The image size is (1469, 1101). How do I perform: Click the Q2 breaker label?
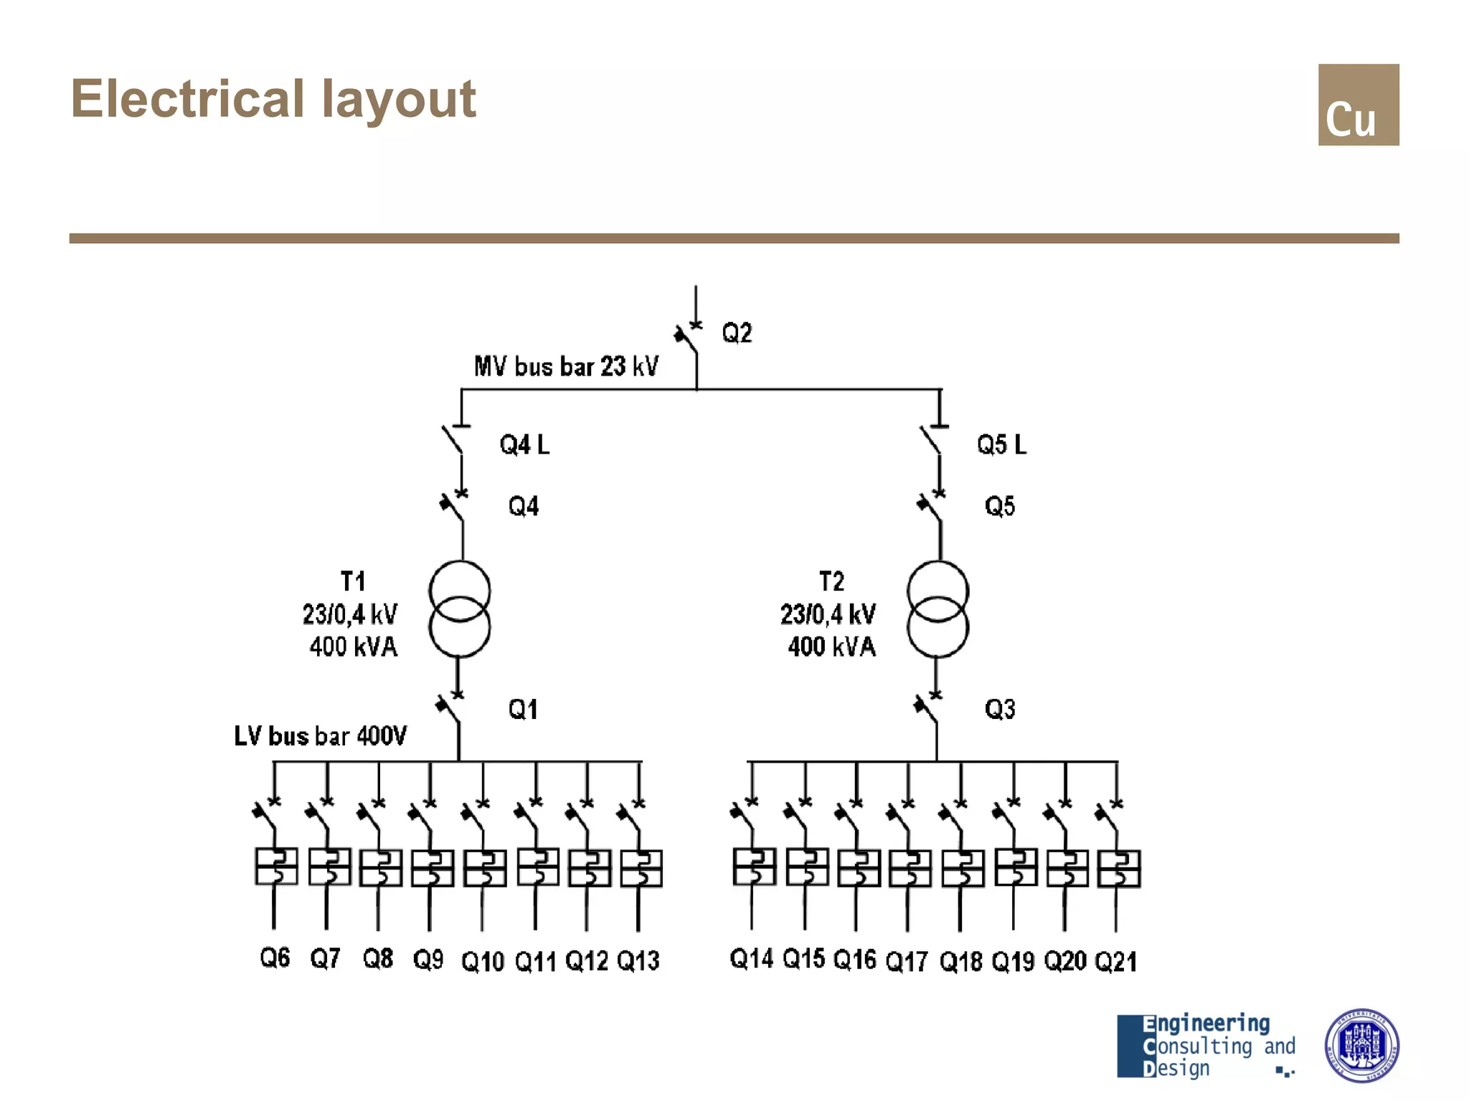pos(737,333)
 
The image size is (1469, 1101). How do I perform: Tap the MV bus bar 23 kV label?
pos(566,366)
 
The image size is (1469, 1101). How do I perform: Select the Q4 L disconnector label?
pos(524,445)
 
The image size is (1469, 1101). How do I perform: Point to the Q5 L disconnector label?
pos(1001,445)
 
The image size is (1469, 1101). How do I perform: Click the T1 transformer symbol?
pos(460,609)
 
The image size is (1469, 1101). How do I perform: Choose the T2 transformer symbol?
pos(937,609)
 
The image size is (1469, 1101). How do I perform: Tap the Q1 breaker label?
pos(523,710)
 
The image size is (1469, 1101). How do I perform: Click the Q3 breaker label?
pos(1000,710)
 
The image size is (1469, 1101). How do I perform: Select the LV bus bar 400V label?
pos(320,736)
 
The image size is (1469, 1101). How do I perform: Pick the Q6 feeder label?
pos(275,958)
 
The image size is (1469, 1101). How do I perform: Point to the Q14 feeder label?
pos(751,958)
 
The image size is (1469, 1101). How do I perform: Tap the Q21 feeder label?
pos(1116,961)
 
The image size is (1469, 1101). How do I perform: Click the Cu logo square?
pos(1358,105)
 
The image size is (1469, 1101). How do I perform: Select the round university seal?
pos(1361,1045)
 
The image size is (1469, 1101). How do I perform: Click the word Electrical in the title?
pos(188,99)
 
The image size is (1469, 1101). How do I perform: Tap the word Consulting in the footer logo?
pos(1198,1047)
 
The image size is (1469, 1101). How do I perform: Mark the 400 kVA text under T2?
pos(832,647)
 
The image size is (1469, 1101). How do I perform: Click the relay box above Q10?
pos(485,868)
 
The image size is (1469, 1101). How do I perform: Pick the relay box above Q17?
pos(910,868)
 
